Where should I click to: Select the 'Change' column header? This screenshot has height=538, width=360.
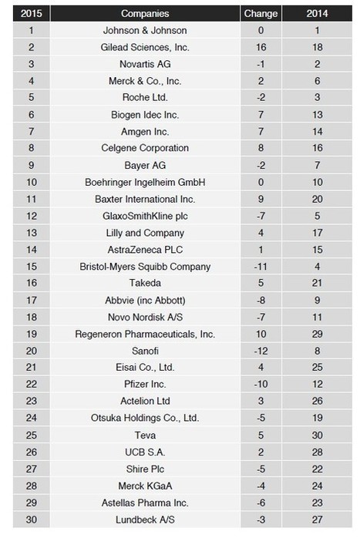(x=261, y=13)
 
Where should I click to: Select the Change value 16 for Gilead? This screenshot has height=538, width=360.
(x=261, y=47)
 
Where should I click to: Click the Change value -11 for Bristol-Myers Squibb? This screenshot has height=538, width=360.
(x=261, y=266)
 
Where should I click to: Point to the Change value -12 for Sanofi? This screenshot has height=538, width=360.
(x=261, y=350)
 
